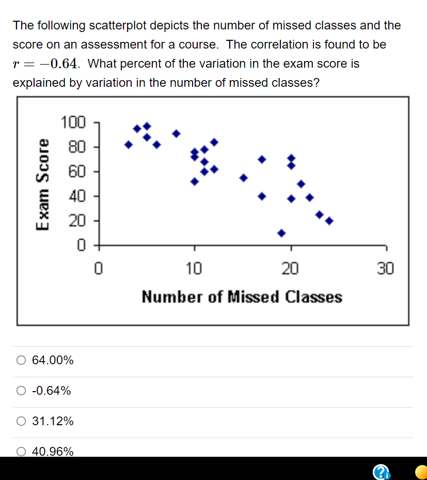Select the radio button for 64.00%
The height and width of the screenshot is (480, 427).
pyautogui.click(x=21, y=360)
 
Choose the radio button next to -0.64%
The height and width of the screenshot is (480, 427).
pyautogui.click(x=21, y=391)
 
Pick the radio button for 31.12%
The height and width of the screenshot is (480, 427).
pyautogui.click(x=21, y=421)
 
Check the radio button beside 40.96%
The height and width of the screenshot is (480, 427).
pyautogui.click(x=21, y=452)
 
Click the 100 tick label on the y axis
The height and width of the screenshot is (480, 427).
pyautogui.click(x=72, y=123)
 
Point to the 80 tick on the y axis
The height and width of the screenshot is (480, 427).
pyautogui.click(x=76, y=147)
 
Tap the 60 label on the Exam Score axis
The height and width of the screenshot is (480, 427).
pyautogui.click(x=76, y=172)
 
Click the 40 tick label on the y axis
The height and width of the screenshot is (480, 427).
pyautogui.click(x=76, y=196)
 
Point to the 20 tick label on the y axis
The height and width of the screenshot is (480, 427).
pyautogui.click(x=76, y=221)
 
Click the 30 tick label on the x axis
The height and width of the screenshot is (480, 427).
pyautogui.click(x=385, y=269)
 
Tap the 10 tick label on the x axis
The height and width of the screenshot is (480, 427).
pyautogui.click(x=195, y=269)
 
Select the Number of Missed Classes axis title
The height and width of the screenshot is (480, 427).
pyautogui.click(x=242, y=297)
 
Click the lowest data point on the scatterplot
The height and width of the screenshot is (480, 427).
pyautogui.click(x=281, y=233)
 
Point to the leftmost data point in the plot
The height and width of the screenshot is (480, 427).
pyautogui.click(x=129, y=145)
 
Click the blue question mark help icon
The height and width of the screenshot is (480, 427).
pyautogui.click(x=381, y=471)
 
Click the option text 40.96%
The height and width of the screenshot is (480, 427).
pyautogui.click(x=53, y=452)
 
